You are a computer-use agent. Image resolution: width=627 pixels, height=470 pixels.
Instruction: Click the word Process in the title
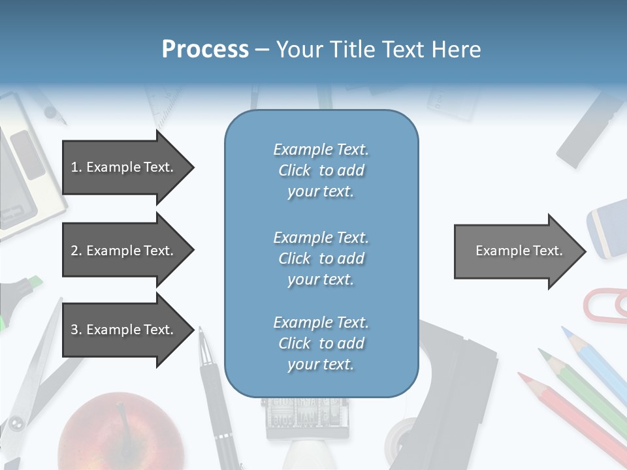pos(205,50)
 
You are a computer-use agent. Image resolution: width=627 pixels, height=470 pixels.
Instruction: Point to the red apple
pos(121,434)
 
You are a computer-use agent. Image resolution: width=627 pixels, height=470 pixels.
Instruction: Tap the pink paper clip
pos(605,304)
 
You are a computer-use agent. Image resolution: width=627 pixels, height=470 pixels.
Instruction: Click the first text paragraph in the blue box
pos(321,170)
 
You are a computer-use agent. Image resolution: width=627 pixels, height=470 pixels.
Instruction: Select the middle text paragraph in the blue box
pos(321,258)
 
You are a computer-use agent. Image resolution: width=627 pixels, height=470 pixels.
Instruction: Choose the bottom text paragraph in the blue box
pos(321,343)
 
